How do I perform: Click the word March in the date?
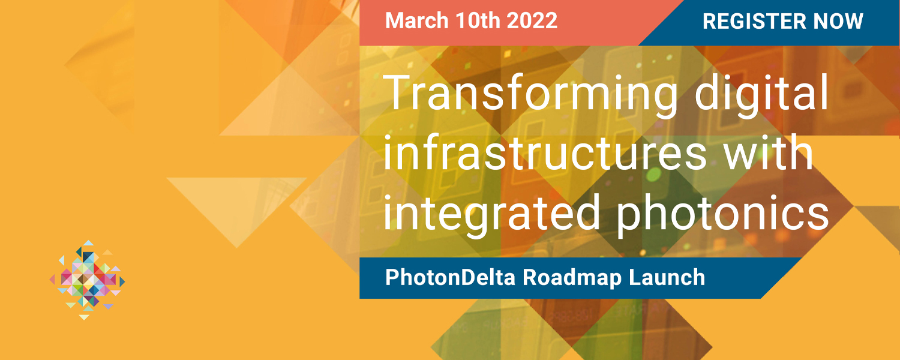[x=416, y=20]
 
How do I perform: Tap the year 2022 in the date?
[x=532, y=20]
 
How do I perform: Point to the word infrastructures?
[x=545, y=154]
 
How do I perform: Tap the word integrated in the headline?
[x=492, y=214]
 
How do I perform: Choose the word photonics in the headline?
[x=722, y=214]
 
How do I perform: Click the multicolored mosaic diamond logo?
[x=87, y=280]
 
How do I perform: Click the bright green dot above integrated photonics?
[x=654, y=175]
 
